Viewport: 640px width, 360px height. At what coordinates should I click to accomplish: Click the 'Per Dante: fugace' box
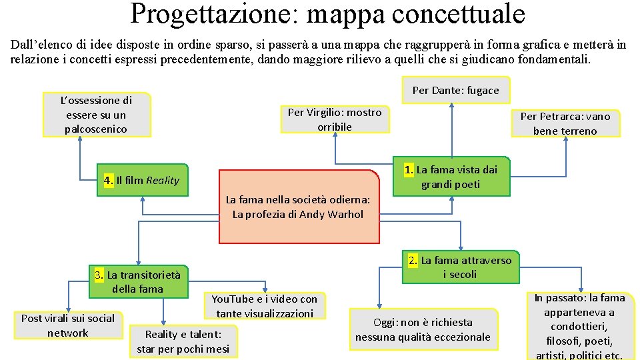pos(455,90)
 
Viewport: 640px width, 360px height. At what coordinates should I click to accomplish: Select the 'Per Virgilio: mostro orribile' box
pos(335,119)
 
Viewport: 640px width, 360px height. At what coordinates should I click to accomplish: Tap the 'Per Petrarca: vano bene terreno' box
pos(565,123)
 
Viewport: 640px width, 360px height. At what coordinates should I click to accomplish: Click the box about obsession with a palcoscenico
pos(97,115)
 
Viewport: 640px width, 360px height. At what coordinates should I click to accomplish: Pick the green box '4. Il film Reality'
pos(142,180)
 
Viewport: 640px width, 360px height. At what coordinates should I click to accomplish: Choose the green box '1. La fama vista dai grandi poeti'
pos(451,177)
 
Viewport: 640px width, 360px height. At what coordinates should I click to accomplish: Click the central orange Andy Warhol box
pos(298,207)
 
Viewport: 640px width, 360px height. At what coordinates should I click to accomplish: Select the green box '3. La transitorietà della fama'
pos(137,281)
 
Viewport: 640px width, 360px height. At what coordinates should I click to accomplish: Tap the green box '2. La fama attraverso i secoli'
pos(459,267)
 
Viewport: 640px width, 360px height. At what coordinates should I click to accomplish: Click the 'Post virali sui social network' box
pos(67,325)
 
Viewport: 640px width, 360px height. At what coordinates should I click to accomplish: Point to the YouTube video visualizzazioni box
pos(265,306)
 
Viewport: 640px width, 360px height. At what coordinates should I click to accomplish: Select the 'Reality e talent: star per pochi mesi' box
pos(183,341)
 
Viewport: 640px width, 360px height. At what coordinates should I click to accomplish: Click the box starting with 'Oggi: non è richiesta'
pos(423,329)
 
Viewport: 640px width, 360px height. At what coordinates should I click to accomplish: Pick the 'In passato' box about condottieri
pos(579,326)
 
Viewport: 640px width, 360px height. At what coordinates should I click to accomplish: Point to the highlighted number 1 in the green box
pos(409,169)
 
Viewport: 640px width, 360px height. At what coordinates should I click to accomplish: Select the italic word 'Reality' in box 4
pos(163,180)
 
